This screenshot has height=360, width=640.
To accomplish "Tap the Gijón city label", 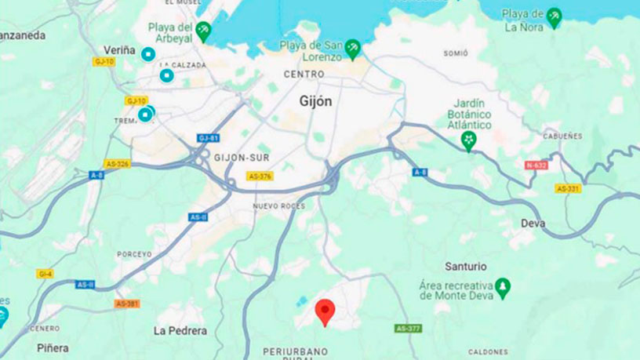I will click(x=316, y=101).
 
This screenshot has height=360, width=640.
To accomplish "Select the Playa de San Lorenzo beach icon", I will click(x=353, y=48).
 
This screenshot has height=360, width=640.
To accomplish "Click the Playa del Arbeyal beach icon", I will click(x=203, y=31).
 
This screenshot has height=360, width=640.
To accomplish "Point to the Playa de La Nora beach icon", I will click(x=555, y=17).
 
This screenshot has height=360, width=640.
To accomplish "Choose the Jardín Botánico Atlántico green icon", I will click(x=469, y=141).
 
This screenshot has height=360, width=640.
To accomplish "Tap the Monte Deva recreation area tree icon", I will click(x=502, y=288).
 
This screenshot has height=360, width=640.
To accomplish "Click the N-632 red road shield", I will click(x=536, y=165).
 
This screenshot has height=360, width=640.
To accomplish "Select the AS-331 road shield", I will click(x=568, y=188).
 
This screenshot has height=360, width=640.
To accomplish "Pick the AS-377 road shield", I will click(x=409, y=329).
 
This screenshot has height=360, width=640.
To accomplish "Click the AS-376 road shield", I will click(x=260, y=176).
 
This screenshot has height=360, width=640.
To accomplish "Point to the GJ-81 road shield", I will click(x=208, y=138).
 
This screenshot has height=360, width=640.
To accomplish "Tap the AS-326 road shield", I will click(x=116, y=164).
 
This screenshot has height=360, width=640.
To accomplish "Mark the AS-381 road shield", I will click(x=126, y=304).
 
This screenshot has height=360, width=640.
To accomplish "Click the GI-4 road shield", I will click(x=45, y=274).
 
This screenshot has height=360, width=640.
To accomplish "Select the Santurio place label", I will click(x=465, y=267).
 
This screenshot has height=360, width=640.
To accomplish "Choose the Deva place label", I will click(x=533, y=224).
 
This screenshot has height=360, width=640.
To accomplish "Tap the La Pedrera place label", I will click(x=180, y=330).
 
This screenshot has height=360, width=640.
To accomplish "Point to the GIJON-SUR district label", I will click(x=242, y=158).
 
